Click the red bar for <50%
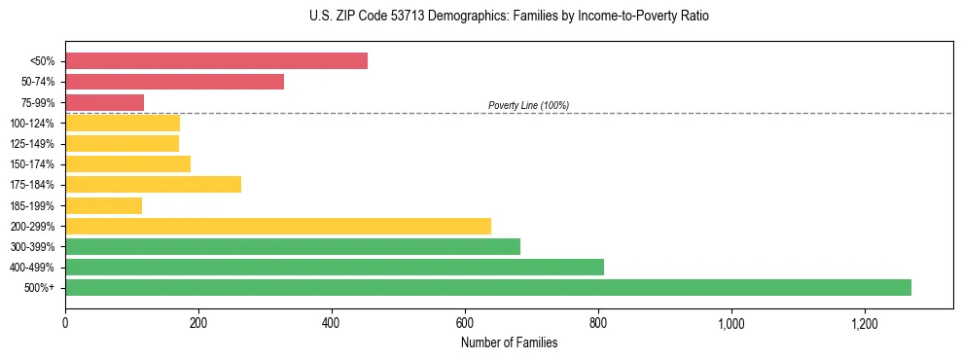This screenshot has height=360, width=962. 216,61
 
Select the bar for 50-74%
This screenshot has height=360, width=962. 174,82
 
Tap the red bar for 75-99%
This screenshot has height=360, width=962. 104,102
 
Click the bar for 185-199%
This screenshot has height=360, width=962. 103,205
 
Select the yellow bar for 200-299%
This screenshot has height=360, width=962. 278,226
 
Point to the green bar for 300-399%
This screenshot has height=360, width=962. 293,246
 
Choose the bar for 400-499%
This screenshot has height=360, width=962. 335,267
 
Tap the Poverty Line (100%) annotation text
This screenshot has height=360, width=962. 528,105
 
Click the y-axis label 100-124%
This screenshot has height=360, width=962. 32,124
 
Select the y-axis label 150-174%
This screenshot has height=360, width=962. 32,164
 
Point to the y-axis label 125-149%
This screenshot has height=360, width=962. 32,144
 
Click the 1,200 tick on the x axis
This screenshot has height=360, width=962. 864,324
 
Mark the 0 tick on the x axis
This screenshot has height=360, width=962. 65,324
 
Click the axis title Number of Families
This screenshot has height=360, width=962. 509,342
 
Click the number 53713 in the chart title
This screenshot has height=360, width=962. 380,17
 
